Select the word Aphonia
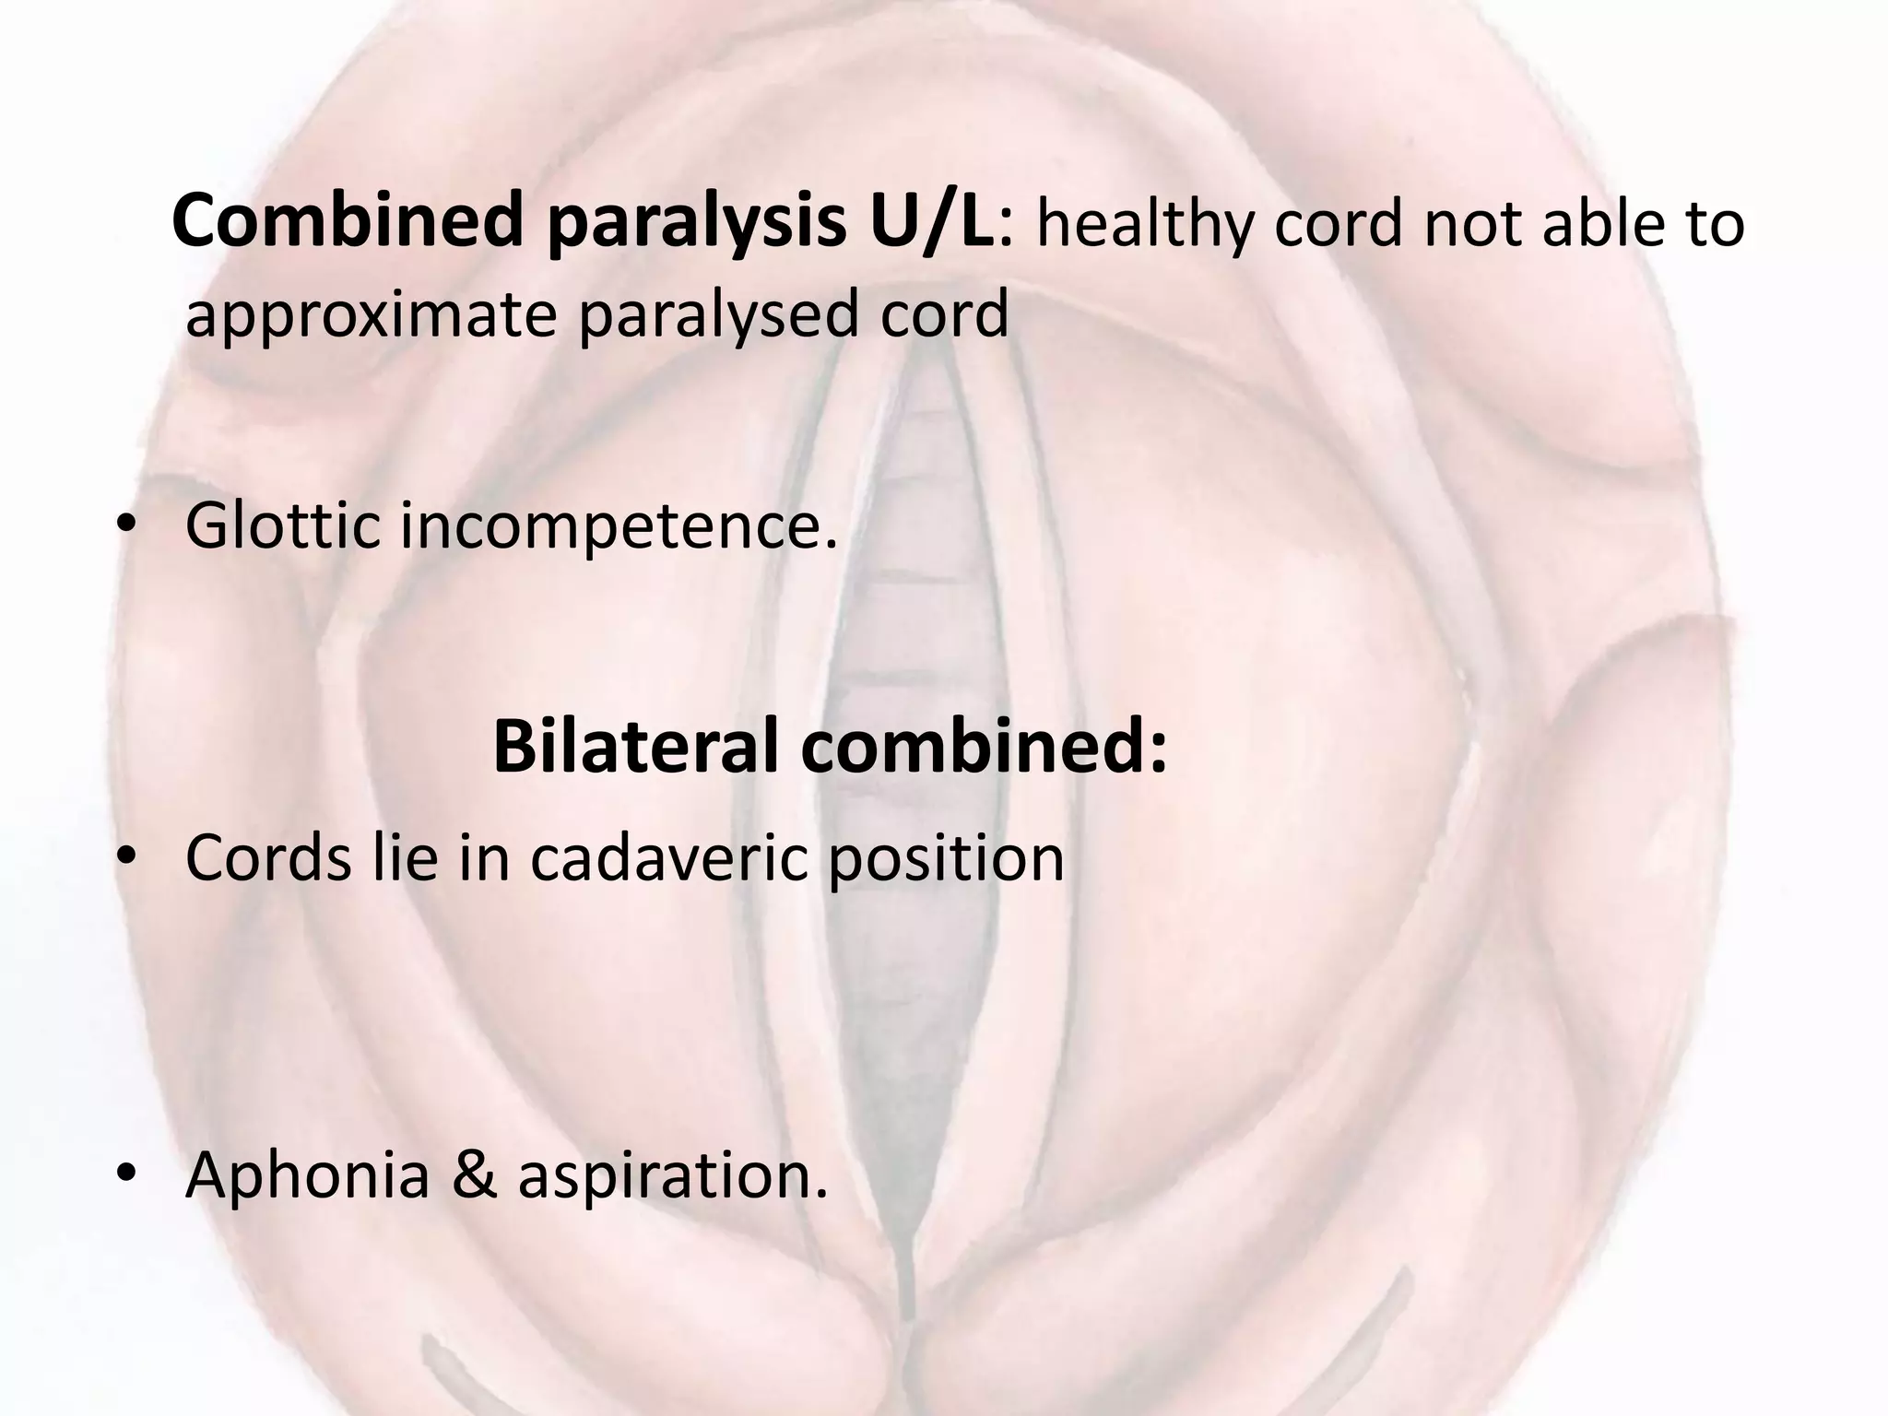(308, 1176)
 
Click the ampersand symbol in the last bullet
(474, 1176)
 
